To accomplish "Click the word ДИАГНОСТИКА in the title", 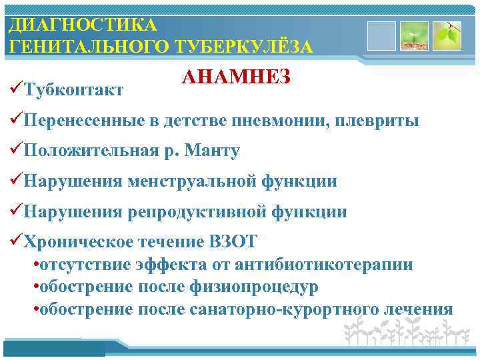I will pos(83,25).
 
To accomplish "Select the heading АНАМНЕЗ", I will pos(235,77).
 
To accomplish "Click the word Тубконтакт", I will pos(73,90).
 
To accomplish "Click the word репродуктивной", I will pos(199,212).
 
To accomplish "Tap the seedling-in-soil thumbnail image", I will pos(414,36).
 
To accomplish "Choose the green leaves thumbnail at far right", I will pos(447,36).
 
